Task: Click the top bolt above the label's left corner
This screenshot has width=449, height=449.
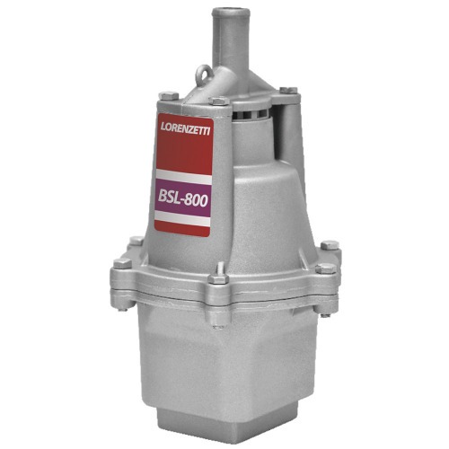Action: pos(164,94)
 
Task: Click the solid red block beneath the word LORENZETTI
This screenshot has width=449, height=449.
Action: pos(185,151)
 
